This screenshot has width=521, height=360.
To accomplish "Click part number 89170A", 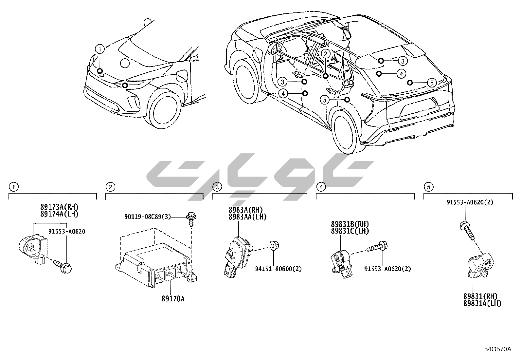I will [x=173, y=298].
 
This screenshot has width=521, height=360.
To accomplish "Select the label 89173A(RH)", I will [x=60, y=207].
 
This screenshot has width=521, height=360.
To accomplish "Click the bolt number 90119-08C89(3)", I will [x=148, y=217].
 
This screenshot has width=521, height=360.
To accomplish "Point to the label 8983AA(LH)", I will [x=247, y=217].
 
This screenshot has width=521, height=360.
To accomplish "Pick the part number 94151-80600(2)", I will [x=278, y=269].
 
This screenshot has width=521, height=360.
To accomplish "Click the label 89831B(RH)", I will [x=350, y=224].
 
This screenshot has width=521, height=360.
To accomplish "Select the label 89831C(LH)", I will [x=350, y=231].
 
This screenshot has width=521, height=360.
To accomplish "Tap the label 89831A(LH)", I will [x=482, y=303].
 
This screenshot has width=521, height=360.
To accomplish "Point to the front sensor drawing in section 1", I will [x=32, y=247].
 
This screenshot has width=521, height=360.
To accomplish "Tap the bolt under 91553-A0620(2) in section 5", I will [x=466, y=229].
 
